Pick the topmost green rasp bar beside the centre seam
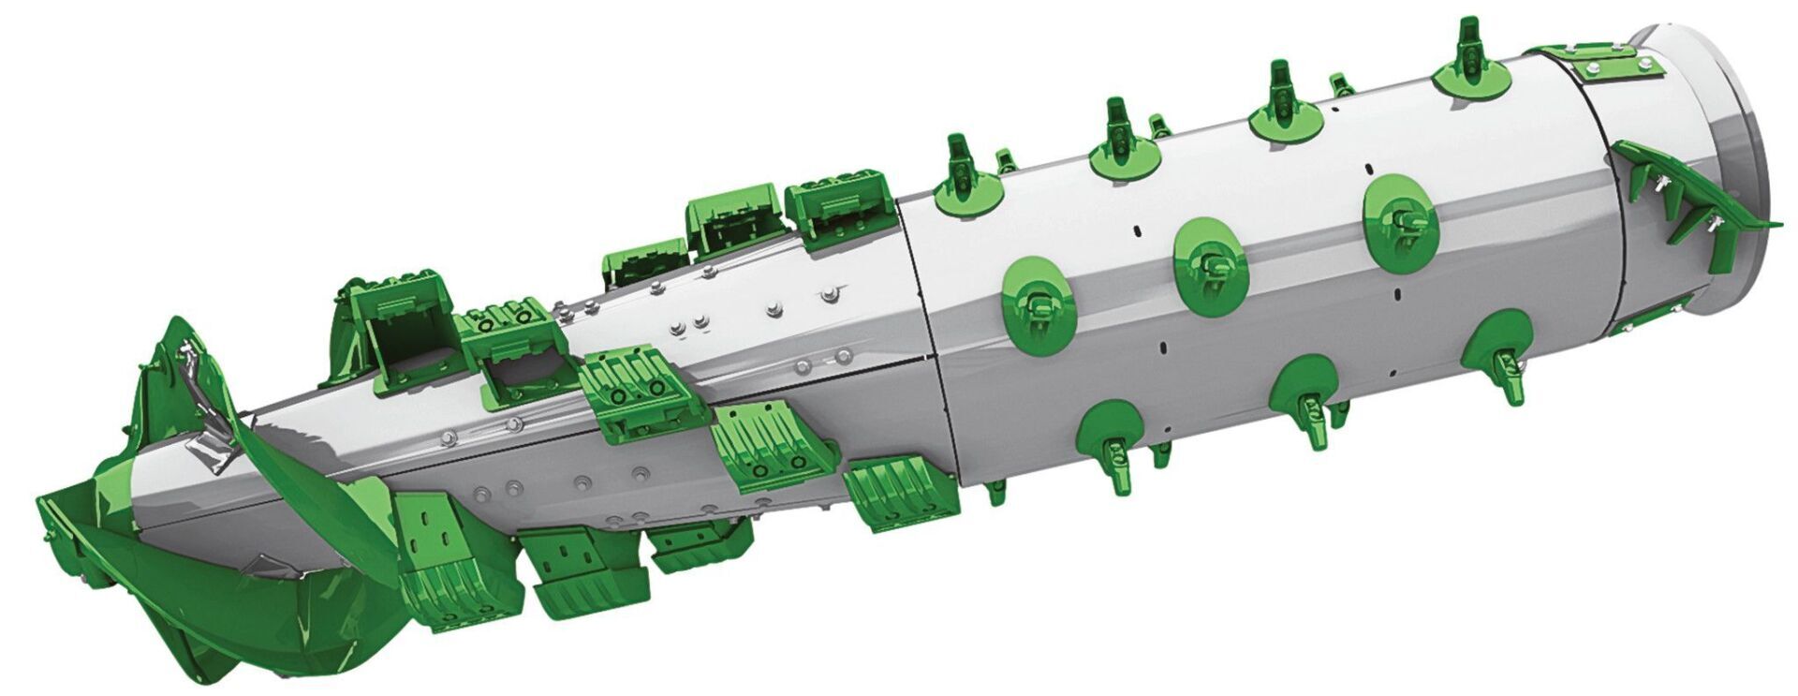[x=836, y=208]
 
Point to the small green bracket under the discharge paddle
[x=1653, y=314]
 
